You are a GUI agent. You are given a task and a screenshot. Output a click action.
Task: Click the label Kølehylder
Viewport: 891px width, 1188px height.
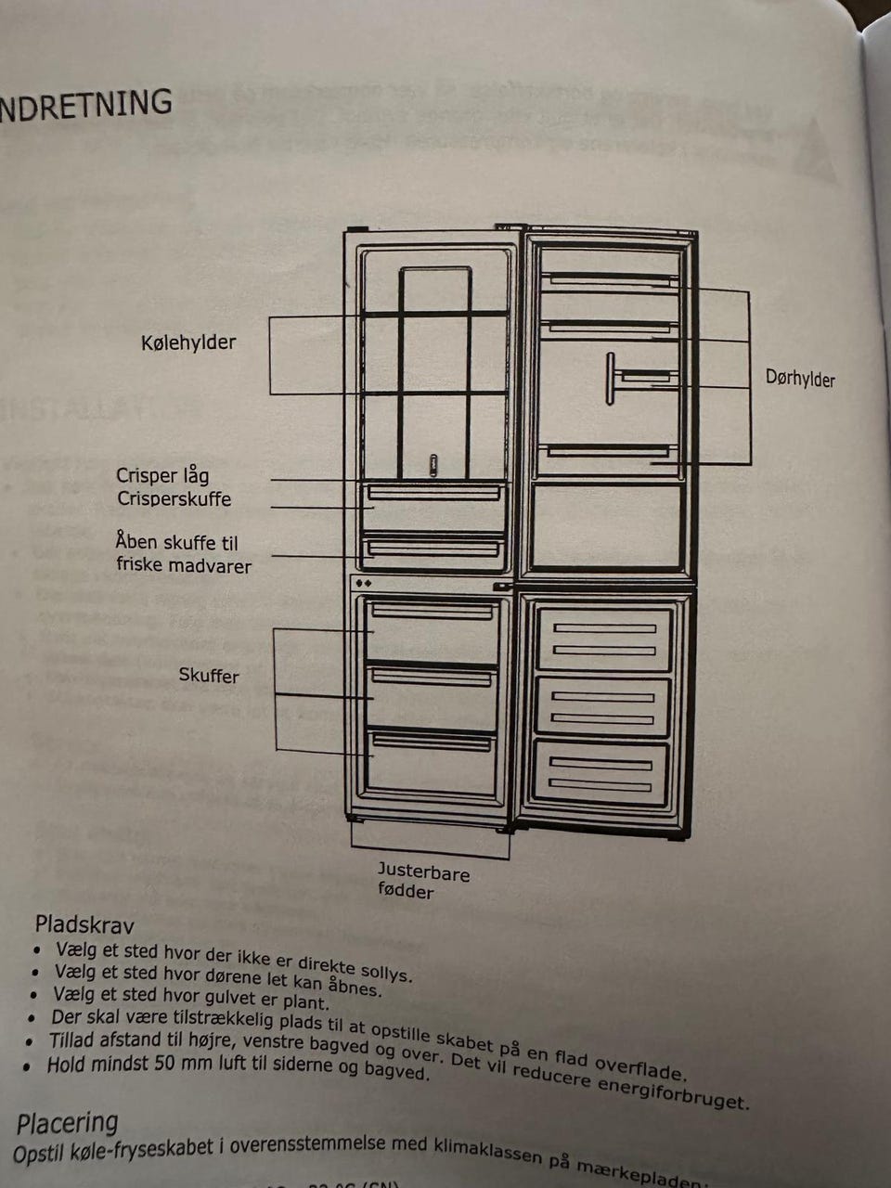click(188, 342)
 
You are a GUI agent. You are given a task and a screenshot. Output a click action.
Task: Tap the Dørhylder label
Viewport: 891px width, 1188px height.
click(800, 379)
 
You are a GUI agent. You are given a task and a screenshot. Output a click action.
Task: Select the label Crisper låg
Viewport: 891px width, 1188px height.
click(162, 475)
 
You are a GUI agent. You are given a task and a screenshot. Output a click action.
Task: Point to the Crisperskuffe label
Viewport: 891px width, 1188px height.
click(174, 499)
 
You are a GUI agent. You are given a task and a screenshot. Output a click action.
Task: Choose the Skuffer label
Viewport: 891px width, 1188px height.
click(209, 676)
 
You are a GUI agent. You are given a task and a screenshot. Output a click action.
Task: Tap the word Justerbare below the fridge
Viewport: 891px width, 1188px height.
click(423, 872)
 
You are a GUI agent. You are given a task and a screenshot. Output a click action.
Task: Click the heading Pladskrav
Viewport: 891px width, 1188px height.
click(84, 925)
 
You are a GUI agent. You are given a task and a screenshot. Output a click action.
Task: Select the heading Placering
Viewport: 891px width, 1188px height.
click(67, 1123)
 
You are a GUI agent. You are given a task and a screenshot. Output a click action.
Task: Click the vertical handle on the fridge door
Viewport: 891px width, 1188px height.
click(610, 379)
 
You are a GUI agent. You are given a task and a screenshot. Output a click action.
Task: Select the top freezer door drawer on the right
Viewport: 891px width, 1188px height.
click(603, 639)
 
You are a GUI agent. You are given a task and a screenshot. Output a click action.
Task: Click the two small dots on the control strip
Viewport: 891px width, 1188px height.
click(364, 584)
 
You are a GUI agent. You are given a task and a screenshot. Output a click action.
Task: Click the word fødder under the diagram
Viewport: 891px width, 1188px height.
click(406, 892)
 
